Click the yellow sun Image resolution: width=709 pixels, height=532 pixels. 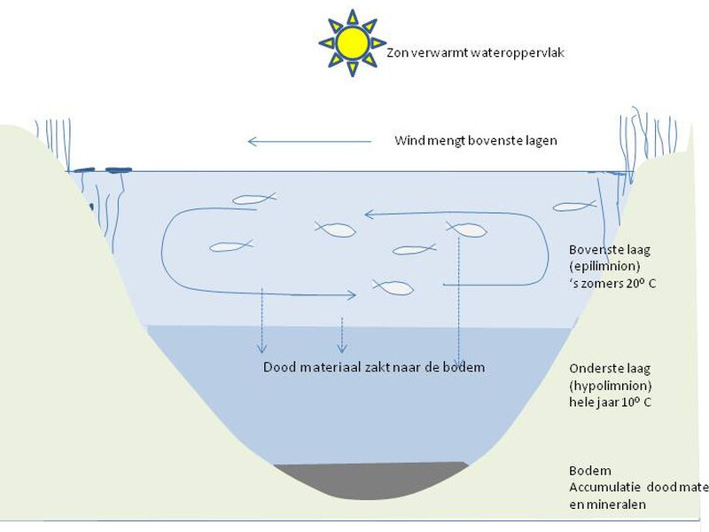(352, 43)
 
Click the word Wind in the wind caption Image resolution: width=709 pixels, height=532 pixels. (409, 141)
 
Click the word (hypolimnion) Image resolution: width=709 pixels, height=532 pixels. (612, 386)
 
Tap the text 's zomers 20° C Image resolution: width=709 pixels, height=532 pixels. (612, 283)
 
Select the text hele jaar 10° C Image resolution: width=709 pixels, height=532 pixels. (612, 403)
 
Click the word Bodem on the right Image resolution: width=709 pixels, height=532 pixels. (590, 471)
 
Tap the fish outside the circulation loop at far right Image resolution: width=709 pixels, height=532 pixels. (574, 207)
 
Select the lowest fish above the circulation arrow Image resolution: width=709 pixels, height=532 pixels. (393, 286)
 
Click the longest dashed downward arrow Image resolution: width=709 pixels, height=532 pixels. (458, 301)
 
